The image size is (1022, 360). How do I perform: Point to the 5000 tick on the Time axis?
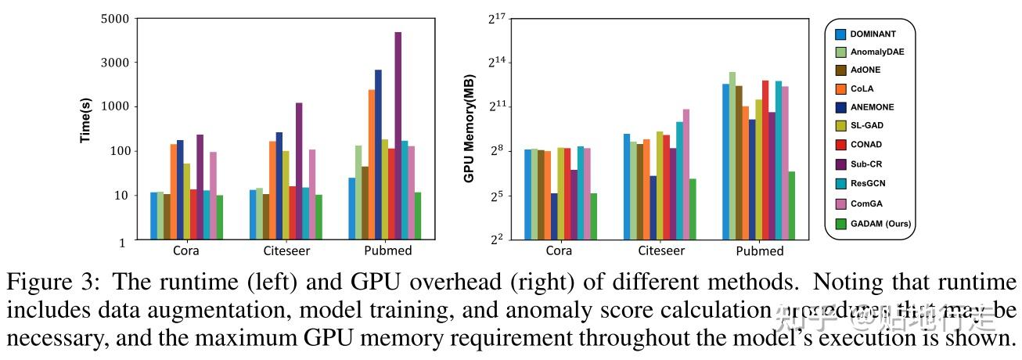point(116,18)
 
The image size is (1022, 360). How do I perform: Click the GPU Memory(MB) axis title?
point(469,130)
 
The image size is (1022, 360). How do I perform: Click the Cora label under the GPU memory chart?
point(559,251)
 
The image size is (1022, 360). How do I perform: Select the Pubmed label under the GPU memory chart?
point(759,251)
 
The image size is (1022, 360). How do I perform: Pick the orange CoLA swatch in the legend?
point(841,88)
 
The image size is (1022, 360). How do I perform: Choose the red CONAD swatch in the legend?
point(841,145)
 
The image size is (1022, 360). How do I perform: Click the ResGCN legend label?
point(867,183)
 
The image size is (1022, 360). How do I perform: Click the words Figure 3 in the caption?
point(49,283)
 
